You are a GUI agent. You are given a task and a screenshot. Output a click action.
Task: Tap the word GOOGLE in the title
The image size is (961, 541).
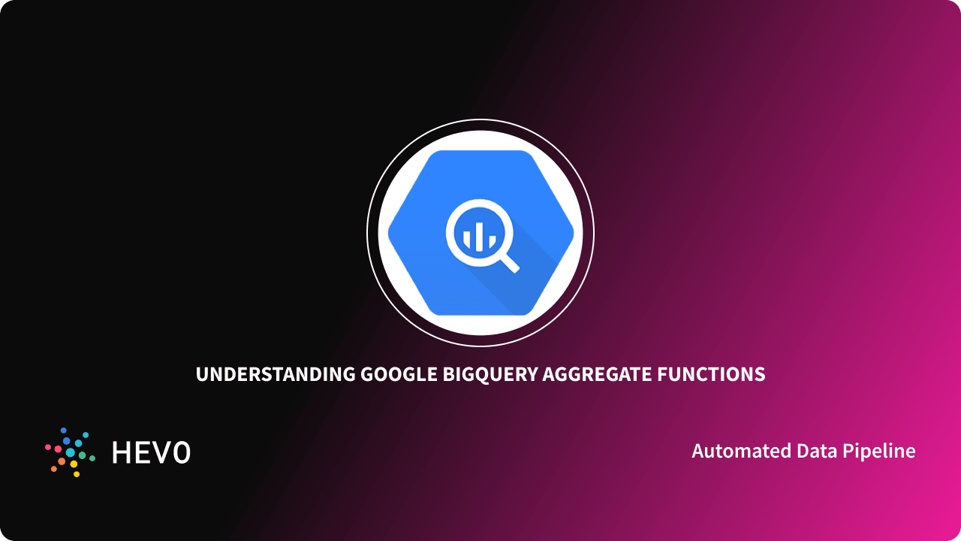(398, 374)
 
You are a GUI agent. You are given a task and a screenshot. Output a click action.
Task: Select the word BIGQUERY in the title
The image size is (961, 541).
(490, 374)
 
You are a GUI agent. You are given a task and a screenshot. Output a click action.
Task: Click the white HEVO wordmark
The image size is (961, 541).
(151, 452)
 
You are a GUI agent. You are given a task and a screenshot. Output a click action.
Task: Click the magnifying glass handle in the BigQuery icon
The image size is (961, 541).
(508, 261)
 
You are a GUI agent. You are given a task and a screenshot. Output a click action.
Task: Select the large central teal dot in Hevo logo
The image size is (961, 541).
(71, 452)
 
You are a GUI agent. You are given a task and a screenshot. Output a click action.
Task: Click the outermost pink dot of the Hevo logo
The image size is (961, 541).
(48, 447)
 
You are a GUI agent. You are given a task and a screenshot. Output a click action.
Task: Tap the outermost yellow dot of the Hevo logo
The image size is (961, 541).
(75, 474)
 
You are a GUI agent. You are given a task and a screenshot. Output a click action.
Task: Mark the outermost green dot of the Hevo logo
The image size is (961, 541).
(92, 458)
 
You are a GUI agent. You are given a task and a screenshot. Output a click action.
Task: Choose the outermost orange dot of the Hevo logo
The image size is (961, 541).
(54, 469)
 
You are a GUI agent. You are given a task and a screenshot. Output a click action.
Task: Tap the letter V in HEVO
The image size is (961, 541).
(161, 452)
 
